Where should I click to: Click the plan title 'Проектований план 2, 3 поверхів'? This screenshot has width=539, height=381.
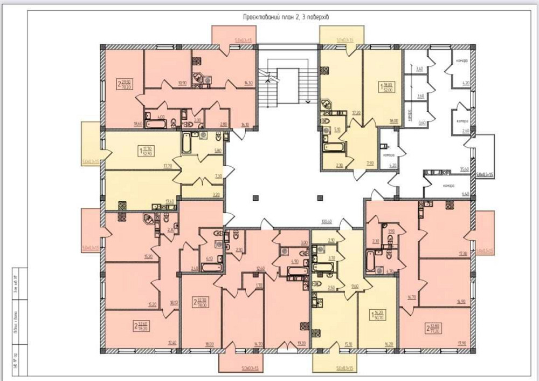click(x=286, y=17)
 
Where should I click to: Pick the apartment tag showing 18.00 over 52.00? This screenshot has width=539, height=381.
click(x=386, y=87)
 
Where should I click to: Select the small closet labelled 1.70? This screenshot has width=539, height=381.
click(x=259, y=284)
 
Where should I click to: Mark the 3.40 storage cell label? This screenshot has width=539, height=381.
click(x=421, y=69)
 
